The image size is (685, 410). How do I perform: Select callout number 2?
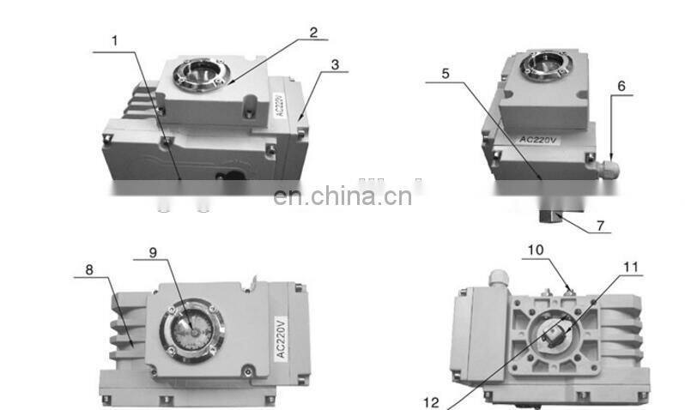(x=313, y=32)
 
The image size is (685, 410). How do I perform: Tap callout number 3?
(x=335, y=63)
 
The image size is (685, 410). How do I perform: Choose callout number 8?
(x=88, y=268)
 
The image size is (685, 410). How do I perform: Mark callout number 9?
(x=154, y=252)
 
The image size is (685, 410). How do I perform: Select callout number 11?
(x=631, y=268)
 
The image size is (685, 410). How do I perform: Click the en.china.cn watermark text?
(x=342, y=196)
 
